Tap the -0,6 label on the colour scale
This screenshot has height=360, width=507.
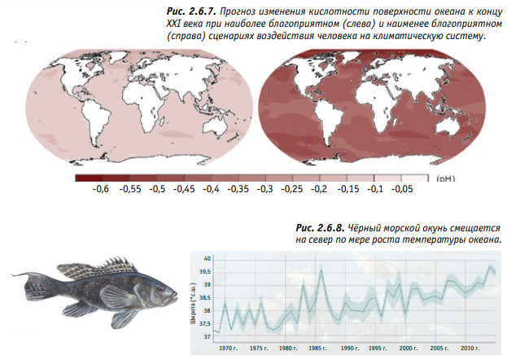(x=101, y=189)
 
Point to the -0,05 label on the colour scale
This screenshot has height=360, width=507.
(x=401, y=189)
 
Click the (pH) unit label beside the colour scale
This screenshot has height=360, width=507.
(x=447, y=176)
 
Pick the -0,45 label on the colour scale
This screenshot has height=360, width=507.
(x=183, y=189)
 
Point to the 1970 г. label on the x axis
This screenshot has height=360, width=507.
(x=229, y=349)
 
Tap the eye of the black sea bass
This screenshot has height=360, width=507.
(x=161, y=288)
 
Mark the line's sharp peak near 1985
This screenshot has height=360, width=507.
(x=321, y=270)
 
